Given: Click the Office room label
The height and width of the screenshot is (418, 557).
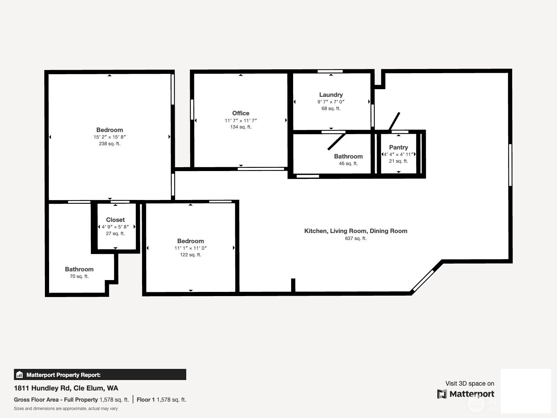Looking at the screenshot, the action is [241, 113].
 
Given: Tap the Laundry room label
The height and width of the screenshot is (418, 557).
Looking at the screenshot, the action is [331, 95].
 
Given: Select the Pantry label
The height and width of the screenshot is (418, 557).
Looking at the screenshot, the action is [398, 147].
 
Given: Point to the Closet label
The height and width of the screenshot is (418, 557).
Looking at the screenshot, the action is [115, 220].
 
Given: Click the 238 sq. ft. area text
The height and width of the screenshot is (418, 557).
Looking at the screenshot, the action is [110, 144].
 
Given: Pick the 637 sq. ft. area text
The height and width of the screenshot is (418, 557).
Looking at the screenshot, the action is [355, 238].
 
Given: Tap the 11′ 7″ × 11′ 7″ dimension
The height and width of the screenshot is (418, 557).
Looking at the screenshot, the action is [241, 121].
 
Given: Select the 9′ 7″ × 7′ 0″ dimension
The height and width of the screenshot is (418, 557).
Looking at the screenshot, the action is [331, 102].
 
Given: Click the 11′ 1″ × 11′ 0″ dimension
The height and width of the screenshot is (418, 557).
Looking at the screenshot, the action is [190, 248].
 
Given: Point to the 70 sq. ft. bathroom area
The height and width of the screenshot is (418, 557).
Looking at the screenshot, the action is [79, 276].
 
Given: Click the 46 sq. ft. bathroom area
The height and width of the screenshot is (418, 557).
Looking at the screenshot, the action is [348, 163].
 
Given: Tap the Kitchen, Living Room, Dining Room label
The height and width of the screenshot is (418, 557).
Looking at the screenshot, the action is [355, 231].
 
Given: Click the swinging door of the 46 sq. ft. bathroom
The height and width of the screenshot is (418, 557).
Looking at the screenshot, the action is [337, 142].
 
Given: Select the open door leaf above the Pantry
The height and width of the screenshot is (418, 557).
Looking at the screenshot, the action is [394, 121].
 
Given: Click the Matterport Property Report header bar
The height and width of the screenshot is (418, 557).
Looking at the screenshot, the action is [100, 374].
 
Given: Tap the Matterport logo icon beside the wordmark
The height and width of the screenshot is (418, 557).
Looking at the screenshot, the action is [442, 394].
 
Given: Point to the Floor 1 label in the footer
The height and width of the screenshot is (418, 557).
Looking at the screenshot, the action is [146, 400].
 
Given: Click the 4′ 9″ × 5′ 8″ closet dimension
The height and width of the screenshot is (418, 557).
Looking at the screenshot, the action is [115, 227].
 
